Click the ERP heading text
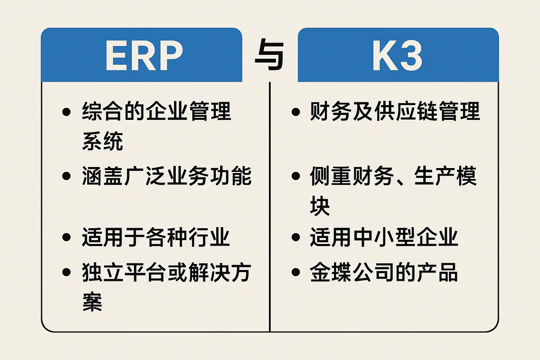(144, 56)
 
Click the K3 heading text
(397, 56)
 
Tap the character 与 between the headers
(269, 56)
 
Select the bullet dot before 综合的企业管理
(66, 112)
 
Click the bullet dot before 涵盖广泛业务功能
(66, 176)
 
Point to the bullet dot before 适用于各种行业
(66, 237)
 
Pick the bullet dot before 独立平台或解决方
(66, 272)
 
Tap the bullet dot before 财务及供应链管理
(296, 112)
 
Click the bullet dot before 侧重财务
(296, 176)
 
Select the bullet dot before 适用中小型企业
(296, 237)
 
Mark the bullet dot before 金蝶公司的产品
(296, 272)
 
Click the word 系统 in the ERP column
(103, 141)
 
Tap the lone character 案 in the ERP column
(92, 302)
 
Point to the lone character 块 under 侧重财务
(320, 206)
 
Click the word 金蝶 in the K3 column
(331, 272)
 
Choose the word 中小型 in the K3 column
(385, 237)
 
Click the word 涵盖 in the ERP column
(103, 176)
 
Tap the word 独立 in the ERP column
(103, 272)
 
